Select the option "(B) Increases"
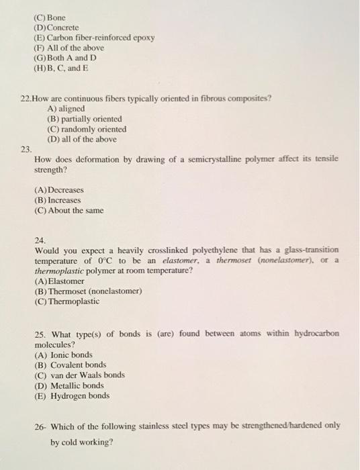[x=57, y=200]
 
